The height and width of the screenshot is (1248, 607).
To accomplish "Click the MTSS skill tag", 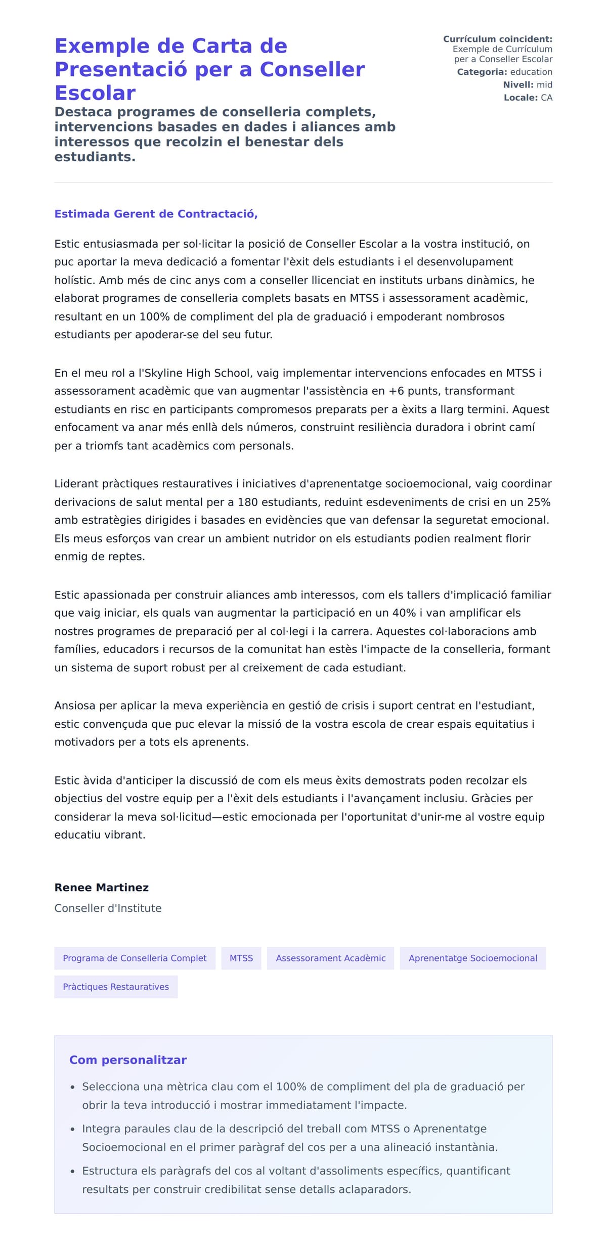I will pos(241,958).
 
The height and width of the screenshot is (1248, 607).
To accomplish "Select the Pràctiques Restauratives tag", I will pos(116,986).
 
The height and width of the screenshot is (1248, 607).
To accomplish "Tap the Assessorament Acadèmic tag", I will pos(330,958).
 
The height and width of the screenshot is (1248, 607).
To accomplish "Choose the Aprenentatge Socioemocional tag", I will pos(472,958).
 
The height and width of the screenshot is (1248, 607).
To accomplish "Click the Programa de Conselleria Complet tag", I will pos(135,958).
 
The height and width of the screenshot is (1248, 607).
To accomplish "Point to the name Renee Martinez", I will pos(101,887).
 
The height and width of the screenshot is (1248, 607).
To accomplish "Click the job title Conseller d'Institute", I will pos(108,908).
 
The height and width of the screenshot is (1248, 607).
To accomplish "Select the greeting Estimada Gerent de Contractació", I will pos(156,214).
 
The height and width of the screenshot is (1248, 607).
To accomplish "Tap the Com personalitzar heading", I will pos(127,1059).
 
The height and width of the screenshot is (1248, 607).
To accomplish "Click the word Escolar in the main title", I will pos(95,93).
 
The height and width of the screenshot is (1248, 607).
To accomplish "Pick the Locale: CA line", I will pos(528,98).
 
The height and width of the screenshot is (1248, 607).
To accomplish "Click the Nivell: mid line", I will pos(527,85).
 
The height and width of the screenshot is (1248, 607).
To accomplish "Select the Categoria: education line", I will pos(504,72).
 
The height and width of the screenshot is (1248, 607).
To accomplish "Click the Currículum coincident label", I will pos(497,39).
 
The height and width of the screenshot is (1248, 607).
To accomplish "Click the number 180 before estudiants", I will pos(247,502).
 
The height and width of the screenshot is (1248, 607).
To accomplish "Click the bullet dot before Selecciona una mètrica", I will pos(73,1087).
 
